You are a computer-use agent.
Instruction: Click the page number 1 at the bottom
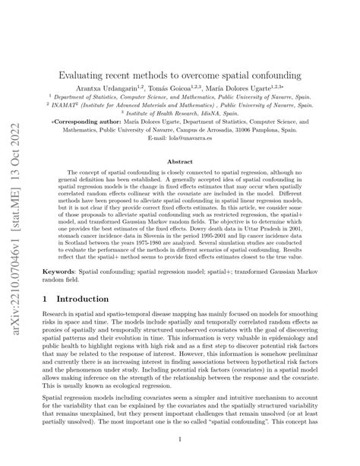tap(180, 439)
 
